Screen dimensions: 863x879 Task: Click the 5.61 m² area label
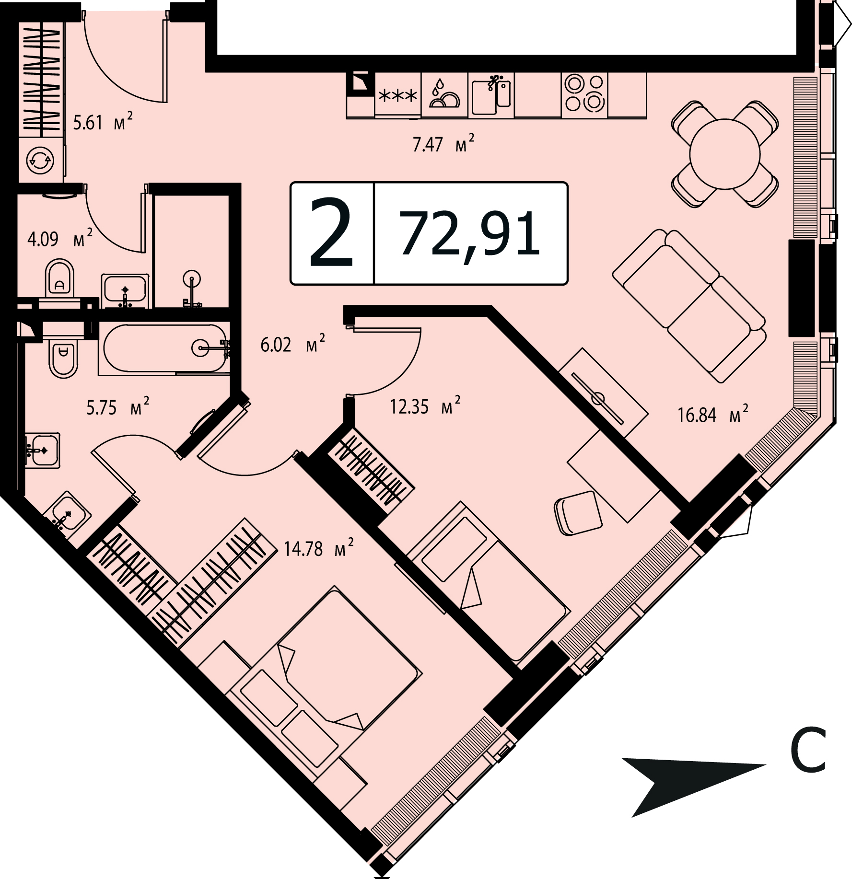(103, 122)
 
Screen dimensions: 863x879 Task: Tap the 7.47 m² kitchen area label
(443, 143)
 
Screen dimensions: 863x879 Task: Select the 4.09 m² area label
(59, 238)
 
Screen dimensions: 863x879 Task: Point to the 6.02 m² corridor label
(292, 344)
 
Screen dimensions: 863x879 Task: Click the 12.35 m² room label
(425, 406)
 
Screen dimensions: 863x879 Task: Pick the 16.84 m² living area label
(712, 414)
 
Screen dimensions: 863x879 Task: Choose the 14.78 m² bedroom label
(318, 548)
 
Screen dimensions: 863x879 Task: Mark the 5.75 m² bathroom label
(117, 407)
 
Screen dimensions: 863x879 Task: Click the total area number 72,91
(470, 233)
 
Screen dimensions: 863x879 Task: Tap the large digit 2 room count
(331, 233)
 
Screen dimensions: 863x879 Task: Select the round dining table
(724, 154)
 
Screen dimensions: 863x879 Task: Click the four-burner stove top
(584, 94)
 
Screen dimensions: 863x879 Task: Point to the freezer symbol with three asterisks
(397, 96)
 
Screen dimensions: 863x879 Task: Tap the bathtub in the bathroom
(164, 348)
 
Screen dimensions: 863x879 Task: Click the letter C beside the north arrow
(808, 756)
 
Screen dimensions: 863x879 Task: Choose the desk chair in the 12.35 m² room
(577, 513)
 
